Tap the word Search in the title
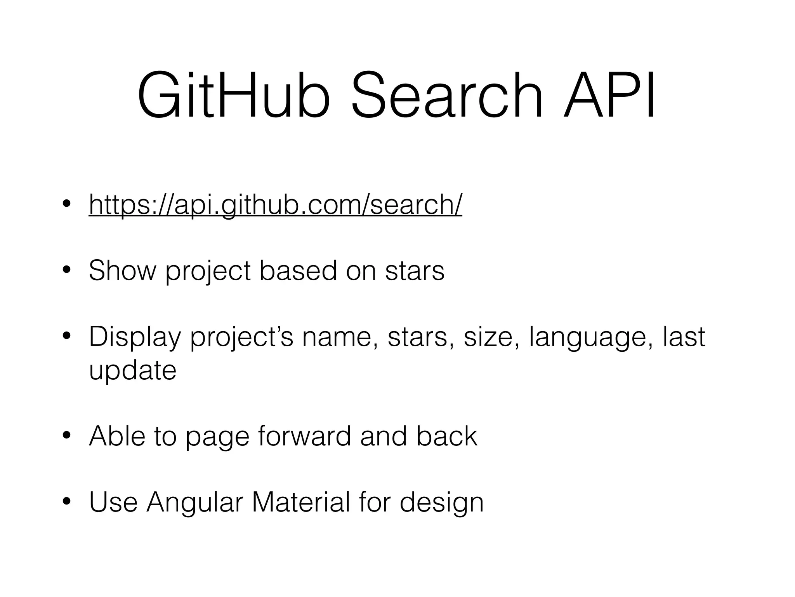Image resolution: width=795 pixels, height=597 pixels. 446,95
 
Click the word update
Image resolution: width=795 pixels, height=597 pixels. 133,370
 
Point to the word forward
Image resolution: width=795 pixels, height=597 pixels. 304,436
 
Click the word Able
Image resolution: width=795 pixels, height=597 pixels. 117,436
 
